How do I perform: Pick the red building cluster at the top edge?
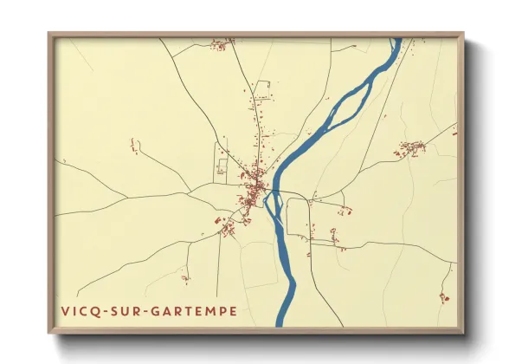pyautogui.click(x=222, y=42)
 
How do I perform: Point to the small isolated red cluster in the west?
pyautogui.click(x=134, y=146)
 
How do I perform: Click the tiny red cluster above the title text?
pyautogui.click(x=184, y=278)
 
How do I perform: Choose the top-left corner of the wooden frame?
pyautogui.click(x=50, y=35)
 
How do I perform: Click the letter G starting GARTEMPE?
pyautogui.click(x=158, y=309)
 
